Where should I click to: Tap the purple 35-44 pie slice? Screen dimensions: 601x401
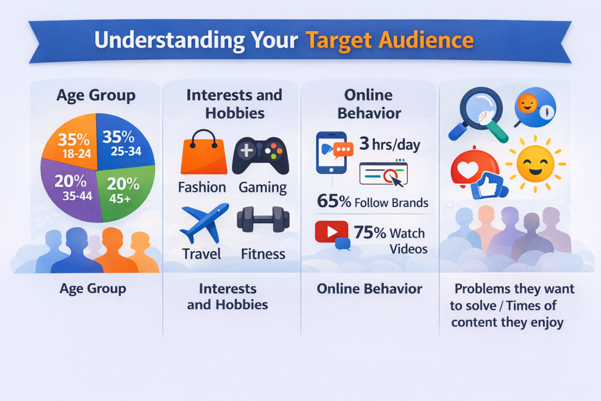click(71, 191)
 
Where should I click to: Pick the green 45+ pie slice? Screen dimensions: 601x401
click(124, 191)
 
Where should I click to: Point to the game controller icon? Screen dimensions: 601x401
click(261, 155)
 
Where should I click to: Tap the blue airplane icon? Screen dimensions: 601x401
click(204, 223)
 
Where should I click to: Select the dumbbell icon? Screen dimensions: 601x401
click(263, 219)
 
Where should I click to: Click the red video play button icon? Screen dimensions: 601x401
click(332, 232)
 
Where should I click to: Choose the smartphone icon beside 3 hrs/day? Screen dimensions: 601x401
click(332, 153)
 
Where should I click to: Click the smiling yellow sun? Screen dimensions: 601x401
click(535, 164)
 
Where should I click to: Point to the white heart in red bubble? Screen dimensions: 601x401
click(468, 170)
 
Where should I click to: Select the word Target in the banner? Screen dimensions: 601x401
click(339, 41)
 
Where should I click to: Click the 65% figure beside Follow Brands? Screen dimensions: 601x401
click(334, 201)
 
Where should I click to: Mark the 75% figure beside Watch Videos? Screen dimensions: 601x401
click(370, 232)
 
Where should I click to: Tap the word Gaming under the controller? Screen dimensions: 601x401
click(262, 187)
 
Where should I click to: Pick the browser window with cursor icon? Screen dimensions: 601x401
click(383, 174)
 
